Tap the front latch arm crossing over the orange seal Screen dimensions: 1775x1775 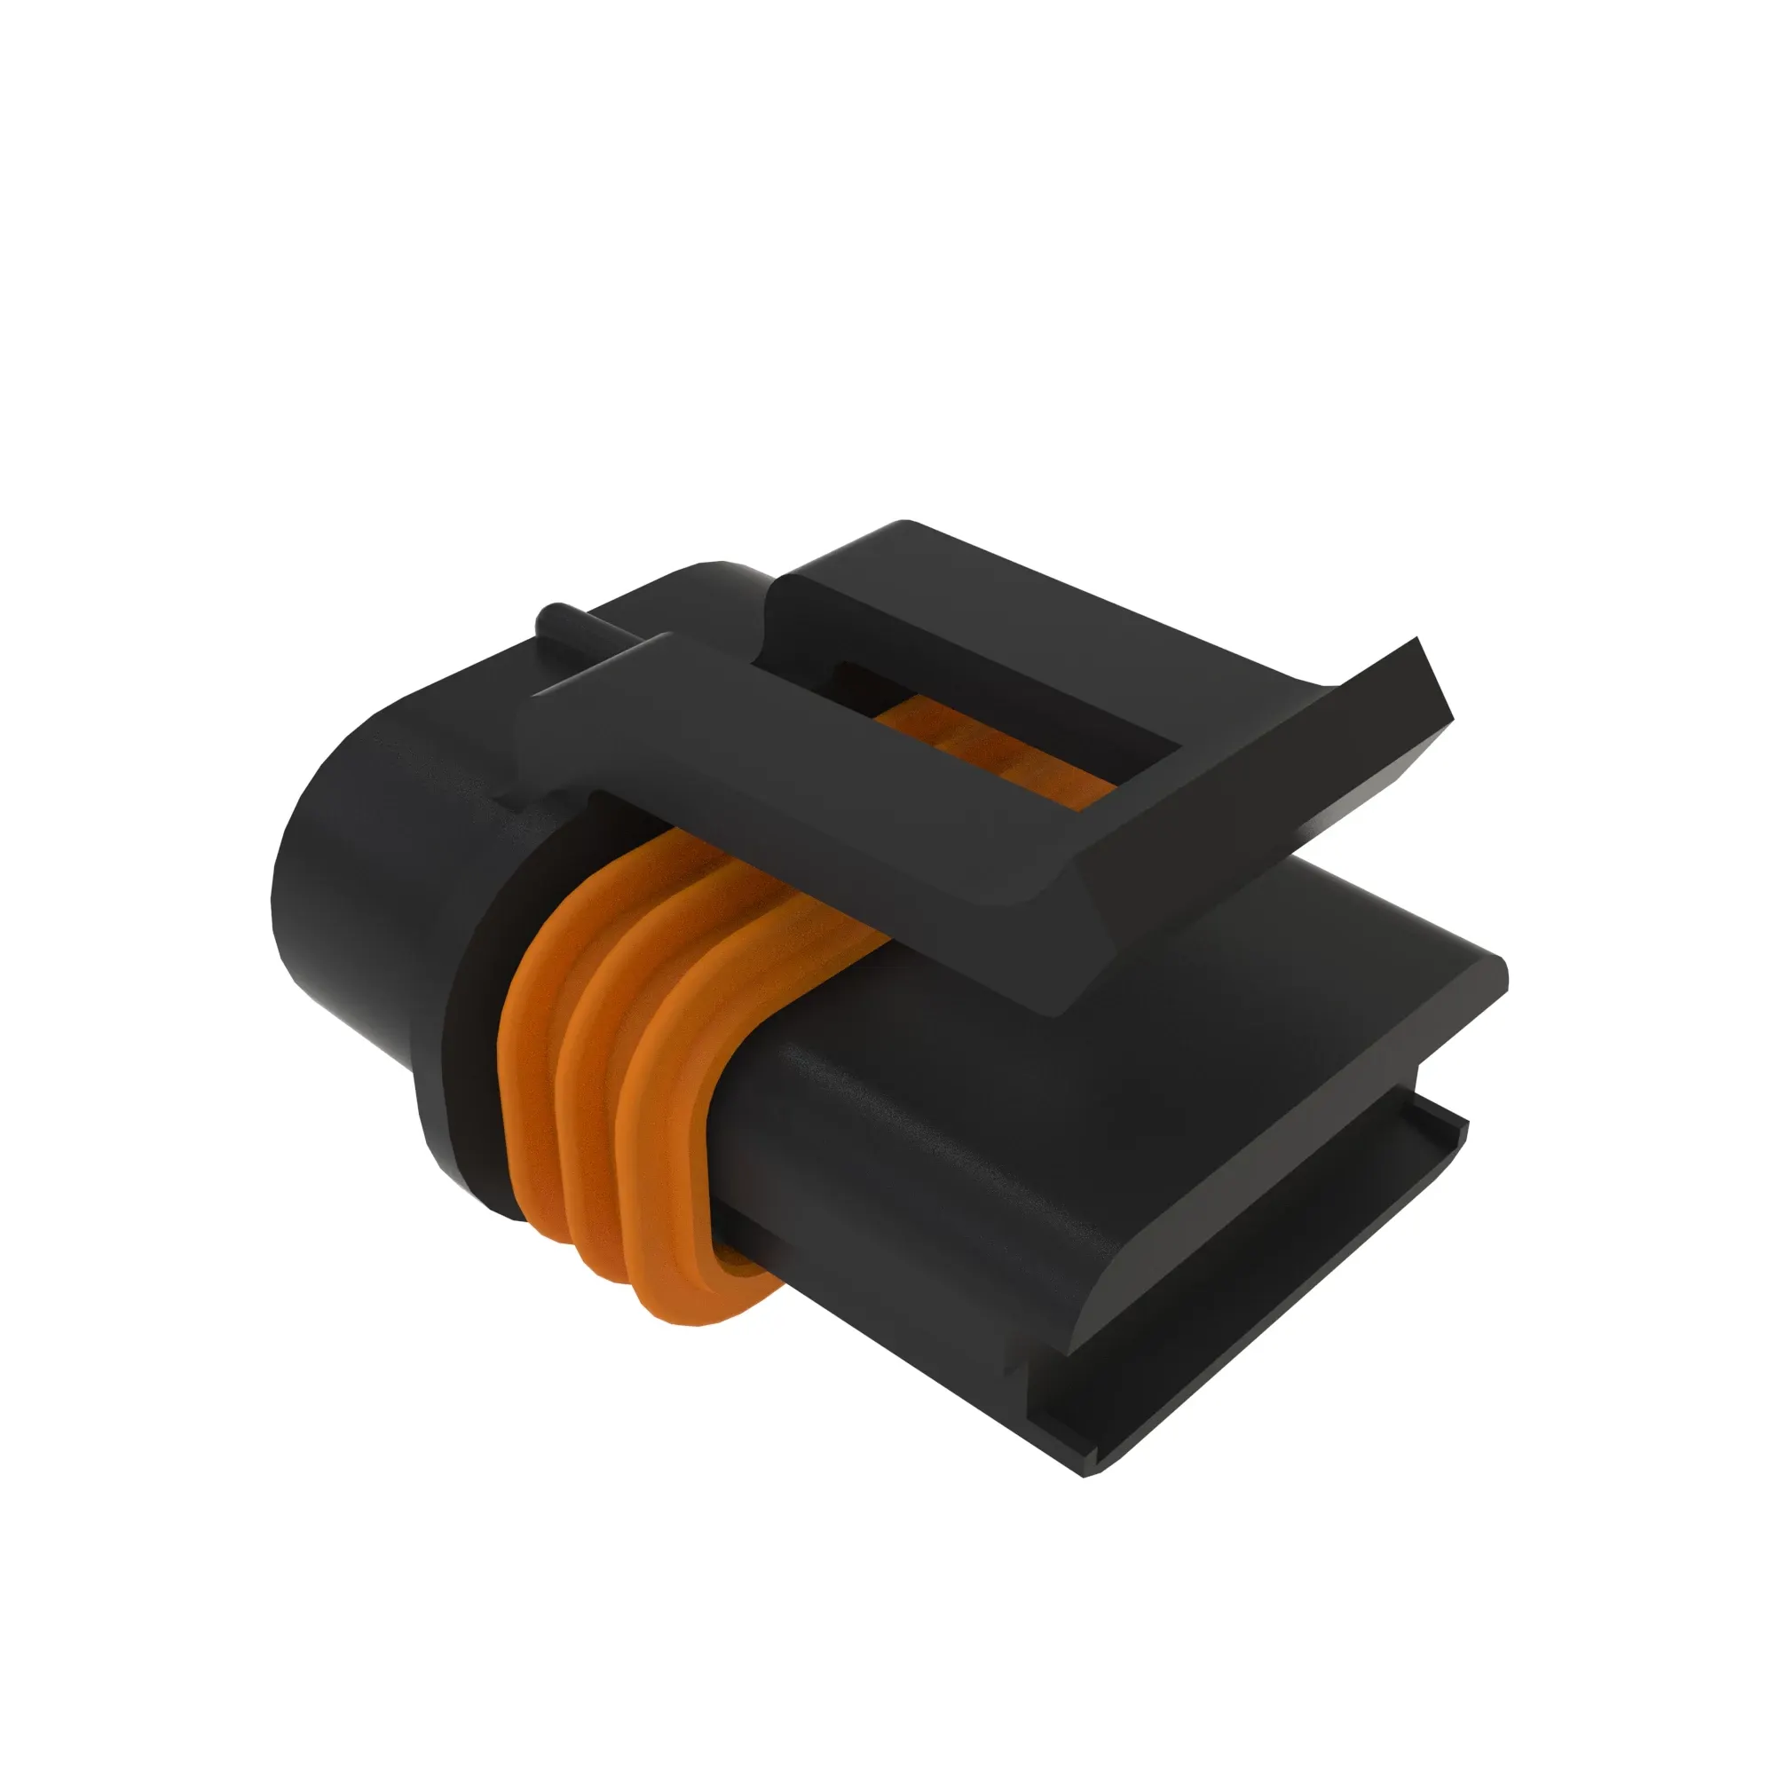781,790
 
